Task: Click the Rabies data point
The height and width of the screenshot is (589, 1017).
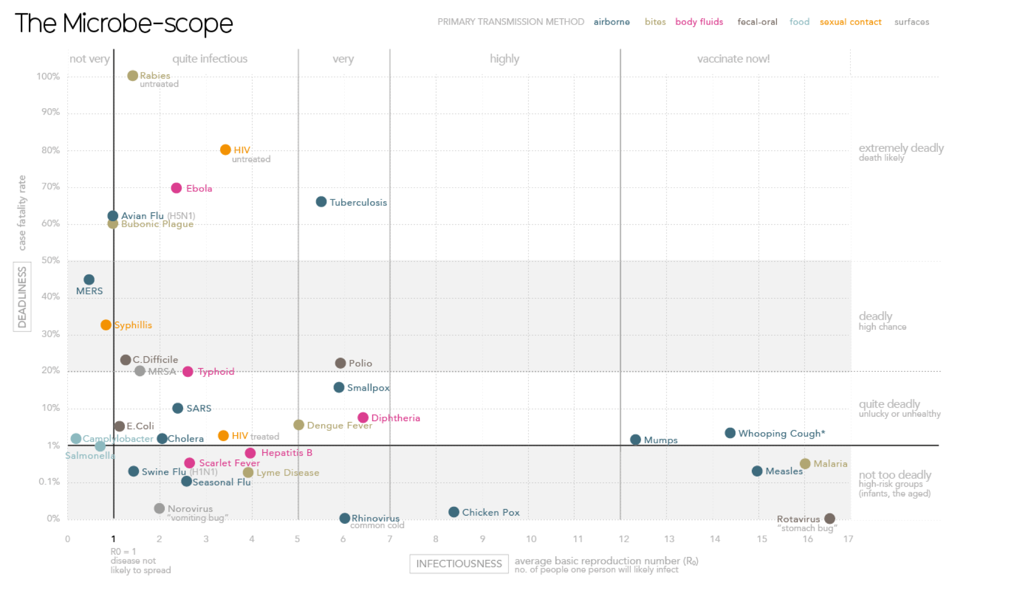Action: click(x=133, y=76)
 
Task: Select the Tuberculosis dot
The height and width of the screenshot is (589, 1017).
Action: click(x=321, y=202)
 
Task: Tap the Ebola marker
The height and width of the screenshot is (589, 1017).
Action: click(x=176, y=188)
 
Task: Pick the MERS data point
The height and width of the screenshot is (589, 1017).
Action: click(x=89, y=280)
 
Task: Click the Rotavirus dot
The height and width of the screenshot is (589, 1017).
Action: click(x=830, y=518)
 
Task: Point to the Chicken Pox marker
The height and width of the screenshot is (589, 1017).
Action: click(x=454, y=512)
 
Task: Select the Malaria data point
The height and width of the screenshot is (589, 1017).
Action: click(x=805, y=464)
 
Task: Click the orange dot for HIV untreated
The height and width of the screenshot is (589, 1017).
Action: click(x=225, y=150)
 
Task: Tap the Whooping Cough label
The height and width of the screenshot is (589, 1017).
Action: click(x=781, y=434)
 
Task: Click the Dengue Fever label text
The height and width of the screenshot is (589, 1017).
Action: click(x=339, y=425)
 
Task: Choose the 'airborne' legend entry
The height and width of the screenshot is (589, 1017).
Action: click(x=612, y=22)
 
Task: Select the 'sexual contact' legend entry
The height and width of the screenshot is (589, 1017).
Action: click(x=850, y=22)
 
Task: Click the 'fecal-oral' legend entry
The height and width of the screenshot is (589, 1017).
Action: click(x=757, y=22)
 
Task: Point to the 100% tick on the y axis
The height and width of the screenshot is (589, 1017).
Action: click(x=48, y=77)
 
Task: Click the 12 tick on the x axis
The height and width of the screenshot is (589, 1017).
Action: click(x=623, y=539)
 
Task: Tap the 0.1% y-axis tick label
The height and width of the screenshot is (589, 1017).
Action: click(x=49, y=482)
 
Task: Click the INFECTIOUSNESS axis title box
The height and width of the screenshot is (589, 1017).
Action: click(x=459, y=564)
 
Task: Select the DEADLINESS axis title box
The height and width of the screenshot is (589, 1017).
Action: click(x=22, y=297)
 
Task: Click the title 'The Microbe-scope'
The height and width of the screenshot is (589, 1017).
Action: click(x=124, y=23)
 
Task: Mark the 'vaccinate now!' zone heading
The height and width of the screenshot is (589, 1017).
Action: click(x=733, y=59)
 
